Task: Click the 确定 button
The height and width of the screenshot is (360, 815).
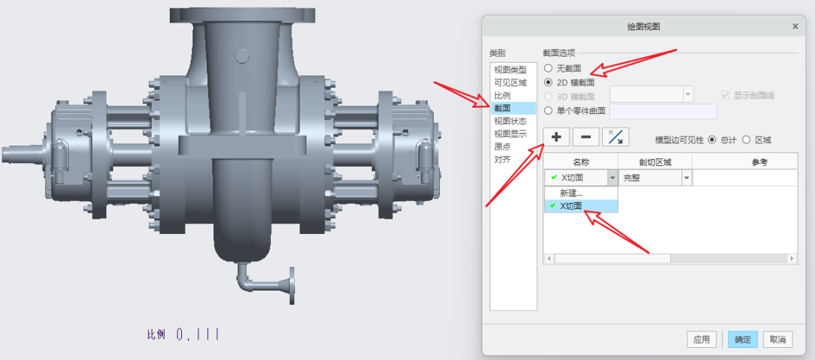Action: pyautogui.click(x=743, y=340)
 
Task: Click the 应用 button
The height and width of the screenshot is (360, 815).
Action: pyautogui.click(x=701, y=340)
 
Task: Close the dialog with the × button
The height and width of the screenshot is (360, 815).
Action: pyautogui.click(x=795, y=26)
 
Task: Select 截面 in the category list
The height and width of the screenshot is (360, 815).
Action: pyautogui.click(x=502, y=108)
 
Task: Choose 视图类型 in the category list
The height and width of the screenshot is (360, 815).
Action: pyautogui.click(x=510, y=69)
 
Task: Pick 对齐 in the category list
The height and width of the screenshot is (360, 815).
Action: pyautogui.click(x=502, y=159)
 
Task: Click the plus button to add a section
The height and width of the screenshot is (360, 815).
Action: pyautogui.click(x=556, y=137)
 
